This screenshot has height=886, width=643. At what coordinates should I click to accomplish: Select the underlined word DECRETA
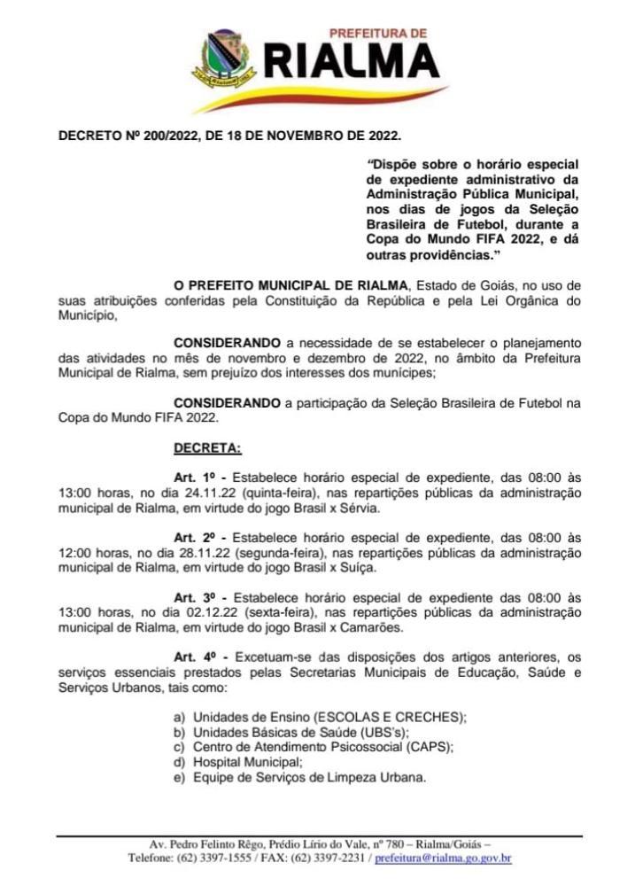click(x=206, y=448)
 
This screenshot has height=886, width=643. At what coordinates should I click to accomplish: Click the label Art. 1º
click(x=195, y=478)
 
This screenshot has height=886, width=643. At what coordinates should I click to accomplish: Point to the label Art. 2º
click(x=195, y=537)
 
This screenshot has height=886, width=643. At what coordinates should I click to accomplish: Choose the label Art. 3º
click(x=195, y=597)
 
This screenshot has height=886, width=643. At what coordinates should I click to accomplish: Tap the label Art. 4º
click(x=195, y=657)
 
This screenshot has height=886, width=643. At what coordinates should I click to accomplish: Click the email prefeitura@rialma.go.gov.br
click(x=443, y=858)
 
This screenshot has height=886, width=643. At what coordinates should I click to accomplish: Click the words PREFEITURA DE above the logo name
click(x=378, y=33)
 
